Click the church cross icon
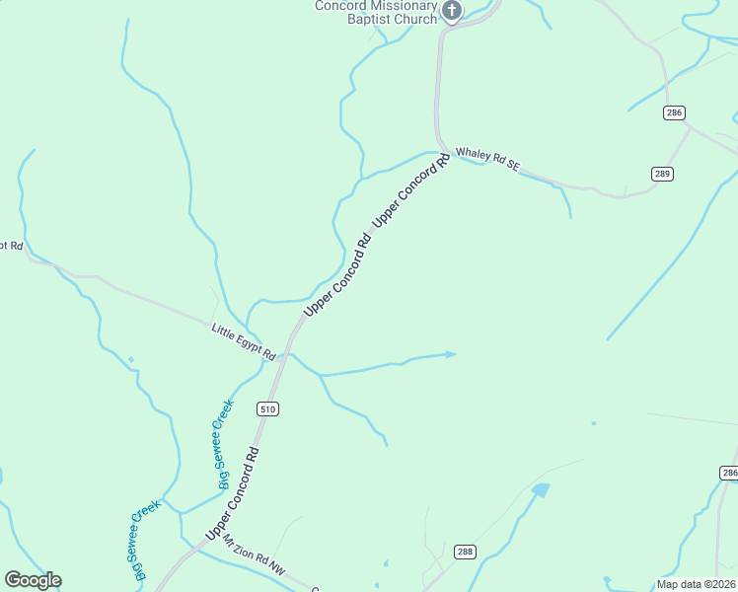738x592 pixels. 452,11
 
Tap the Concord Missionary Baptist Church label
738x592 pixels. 376,12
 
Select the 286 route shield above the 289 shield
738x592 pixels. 674,113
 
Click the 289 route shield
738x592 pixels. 662,174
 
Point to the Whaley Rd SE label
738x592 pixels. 486,161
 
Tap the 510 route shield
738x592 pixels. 267,408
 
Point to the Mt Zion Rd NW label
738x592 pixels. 254,558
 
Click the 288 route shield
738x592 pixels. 465,552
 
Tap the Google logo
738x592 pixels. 33,580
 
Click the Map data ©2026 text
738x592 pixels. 695,584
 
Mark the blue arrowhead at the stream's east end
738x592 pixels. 452,353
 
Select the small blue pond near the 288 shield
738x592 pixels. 540,489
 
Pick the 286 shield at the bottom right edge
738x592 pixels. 728,474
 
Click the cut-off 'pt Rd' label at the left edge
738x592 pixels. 11,245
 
